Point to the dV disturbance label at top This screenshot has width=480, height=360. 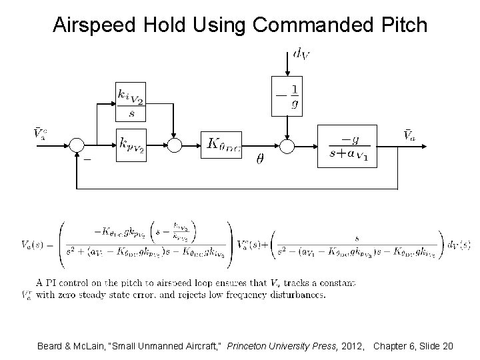(x=300, y=53)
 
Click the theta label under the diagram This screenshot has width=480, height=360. (x=261, y=160)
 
